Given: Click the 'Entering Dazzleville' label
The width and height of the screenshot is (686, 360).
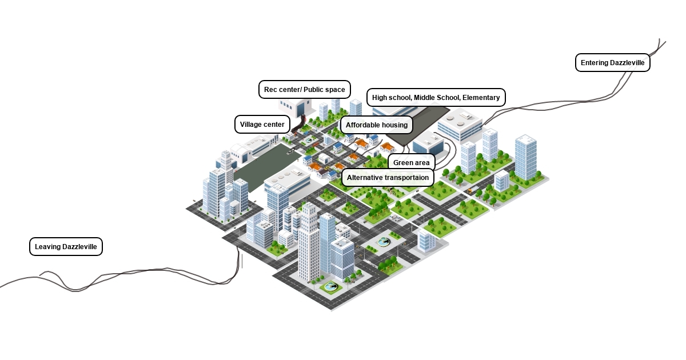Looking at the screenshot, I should pyautogui.click(x=612, y=63).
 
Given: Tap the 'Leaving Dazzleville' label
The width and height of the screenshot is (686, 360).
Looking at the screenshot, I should pyautogui.click(x=66, y=247).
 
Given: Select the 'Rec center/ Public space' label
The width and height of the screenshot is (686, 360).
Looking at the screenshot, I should pyautogui.click(x=304, y=90).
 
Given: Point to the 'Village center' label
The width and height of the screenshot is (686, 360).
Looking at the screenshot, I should pyautogui.click(x=262, y=125).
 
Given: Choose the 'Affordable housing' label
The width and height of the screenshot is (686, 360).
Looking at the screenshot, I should pyautogui.click(x=376, y=125).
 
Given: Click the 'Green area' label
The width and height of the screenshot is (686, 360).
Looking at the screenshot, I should pyautogui.click(x=411, y=163).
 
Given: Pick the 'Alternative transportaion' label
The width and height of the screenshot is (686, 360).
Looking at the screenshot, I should pyautogui.click(x=388, y=178).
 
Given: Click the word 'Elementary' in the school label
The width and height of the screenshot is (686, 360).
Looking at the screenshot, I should pyautogui.click(x=481, y=98).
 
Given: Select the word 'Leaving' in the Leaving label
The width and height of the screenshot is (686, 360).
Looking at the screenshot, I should pyautogui.click(x=47, y=247).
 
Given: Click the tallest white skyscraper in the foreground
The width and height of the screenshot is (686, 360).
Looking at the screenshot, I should pyautogui.click(x=309, y=243).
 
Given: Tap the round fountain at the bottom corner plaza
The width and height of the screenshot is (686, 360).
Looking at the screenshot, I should pyautogui.click(x=330, y=287).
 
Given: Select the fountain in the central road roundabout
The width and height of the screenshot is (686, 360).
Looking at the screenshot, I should pyautogui.click(x=384, y=242).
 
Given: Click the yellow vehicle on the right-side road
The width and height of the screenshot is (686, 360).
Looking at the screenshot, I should pyautogui.click(x=470, y=191).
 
